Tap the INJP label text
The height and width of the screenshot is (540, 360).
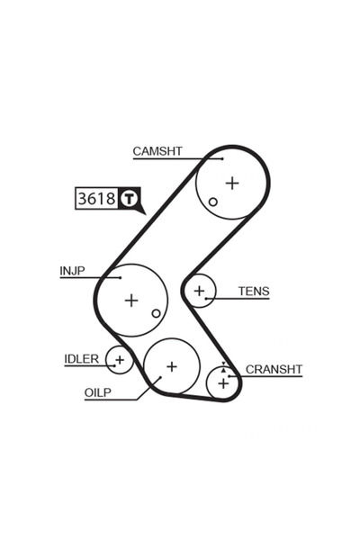[73, 270]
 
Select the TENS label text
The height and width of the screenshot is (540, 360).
[254, 291]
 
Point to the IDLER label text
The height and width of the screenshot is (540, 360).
[82, 358]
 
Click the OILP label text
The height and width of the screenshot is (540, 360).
[98, 393]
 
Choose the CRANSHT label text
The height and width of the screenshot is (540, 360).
[274, 369]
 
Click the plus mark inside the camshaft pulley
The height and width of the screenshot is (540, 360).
[233, 183]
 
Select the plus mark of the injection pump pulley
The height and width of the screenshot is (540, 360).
[131, 300]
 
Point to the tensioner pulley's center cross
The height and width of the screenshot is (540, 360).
[199, 291]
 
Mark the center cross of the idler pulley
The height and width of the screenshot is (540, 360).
[119, 360]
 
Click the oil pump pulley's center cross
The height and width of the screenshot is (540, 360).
[171, 366]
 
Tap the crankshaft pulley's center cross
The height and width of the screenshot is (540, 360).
[223, 383]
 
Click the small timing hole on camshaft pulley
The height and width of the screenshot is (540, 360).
[213, 202]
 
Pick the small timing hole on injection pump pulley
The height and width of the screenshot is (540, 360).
[157, 313]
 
